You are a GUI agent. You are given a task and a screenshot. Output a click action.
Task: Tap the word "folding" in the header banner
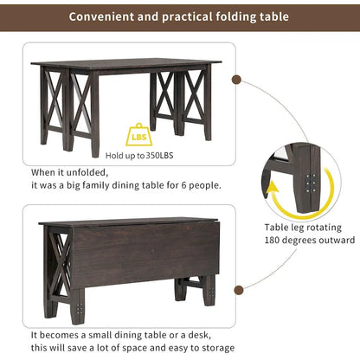[x=233, y=16]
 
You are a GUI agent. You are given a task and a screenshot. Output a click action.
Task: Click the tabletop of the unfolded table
[x=121, y=65]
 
